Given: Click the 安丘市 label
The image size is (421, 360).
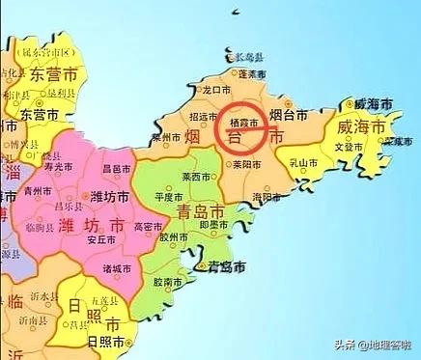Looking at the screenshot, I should [x=99, y=241].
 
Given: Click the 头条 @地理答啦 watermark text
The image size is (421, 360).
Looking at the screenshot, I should [x=373, y=345].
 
